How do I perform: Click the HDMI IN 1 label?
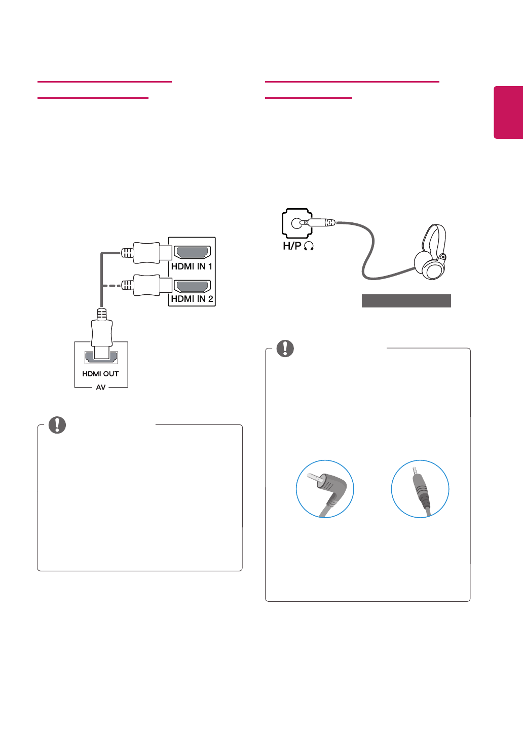pos(192,266)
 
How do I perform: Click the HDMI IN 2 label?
pos(192,299)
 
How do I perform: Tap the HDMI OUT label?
pos(100,374)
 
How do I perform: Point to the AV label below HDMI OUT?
pos(101,387)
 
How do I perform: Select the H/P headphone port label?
pos(292,246)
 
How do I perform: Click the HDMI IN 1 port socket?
pos(192,252)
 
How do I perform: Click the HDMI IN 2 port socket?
pos(192,286)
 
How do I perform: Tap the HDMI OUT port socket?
pos(101,357)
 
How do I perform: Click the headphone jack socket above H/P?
pos(297,223)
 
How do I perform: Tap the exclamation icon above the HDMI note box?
pos(57,425)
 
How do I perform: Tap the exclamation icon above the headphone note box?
pos(285,348)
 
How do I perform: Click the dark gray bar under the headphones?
pos(406,301)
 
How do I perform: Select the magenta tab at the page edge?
pos(508,112)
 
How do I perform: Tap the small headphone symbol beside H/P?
pos(309,246)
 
